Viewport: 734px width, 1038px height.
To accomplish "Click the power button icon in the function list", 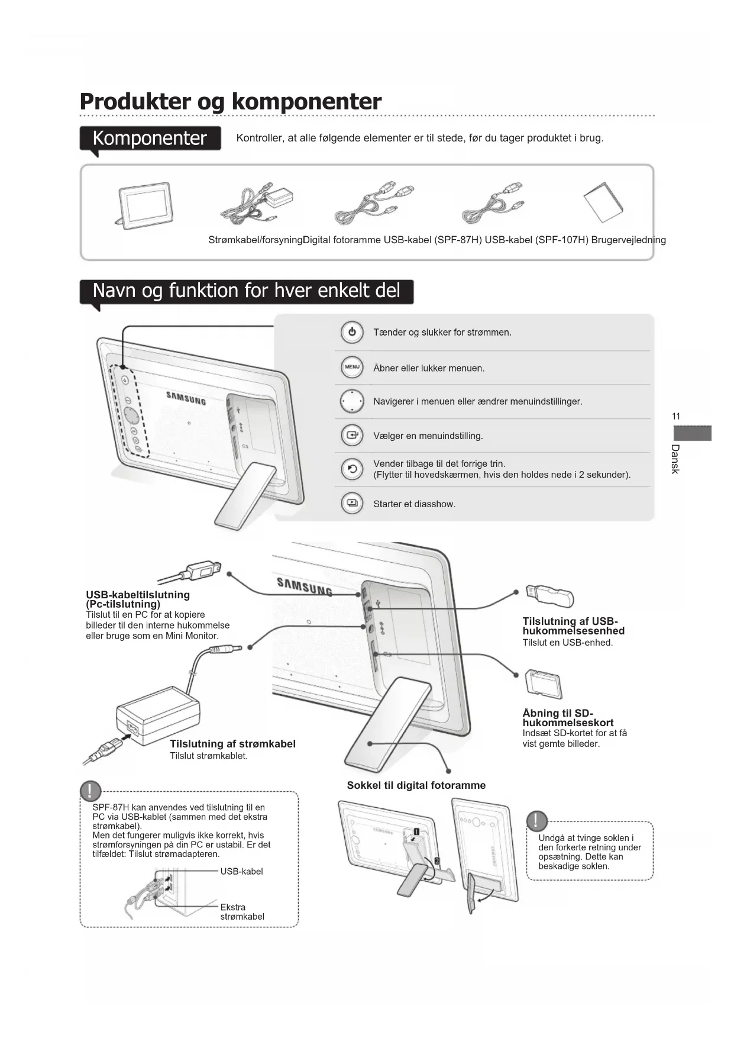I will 352,332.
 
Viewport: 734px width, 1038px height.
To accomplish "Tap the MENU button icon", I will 352,368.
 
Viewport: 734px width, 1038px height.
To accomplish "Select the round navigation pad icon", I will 352,401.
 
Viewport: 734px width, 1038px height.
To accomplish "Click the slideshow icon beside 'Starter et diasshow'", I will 352,504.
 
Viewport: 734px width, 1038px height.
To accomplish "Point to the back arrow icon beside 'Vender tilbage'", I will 352,469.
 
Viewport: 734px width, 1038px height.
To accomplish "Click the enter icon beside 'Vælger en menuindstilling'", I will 352,436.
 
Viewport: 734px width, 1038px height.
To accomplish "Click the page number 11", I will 676,417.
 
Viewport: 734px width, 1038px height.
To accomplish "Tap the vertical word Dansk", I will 675,459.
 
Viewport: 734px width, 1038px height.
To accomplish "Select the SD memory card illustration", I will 544,684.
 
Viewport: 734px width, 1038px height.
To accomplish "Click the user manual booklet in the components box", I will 603,202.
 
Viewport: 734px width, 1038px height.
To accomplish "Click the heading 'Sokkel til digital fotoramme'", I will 416,785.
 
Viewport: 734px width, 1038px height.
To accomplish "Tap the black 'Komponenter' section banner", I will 150,138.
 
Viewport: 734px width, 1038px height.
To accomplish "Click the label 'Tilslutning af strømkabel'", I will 232,744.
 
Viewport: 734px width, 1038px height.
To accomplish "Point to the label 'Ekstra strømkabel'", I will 242,912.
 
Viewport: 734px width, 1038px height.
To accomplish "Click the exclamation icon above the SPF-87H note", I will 90,791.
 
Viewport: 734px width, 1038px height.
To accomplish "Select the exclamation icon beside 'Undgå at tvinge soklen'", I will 536,821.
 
